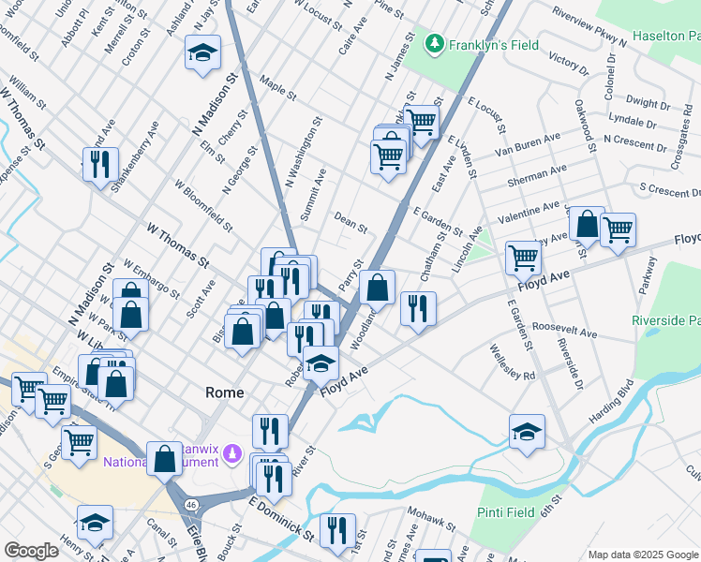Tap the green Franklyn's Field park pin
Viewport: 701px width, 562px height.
click(434, 43)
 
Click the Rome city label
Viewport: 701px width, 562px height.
click(224, 393)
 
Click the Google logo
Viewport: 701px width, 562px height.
click(31, 550)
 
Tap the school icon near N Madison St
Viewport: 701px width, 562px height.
click(201, 55)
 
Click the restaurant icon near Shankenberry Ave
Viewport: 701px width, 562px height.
click(99, 165)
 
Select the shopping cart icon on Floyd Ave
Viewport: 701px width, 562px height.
click(523, 257)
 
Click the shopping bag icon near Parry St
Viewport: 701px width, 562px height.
click(377, 287)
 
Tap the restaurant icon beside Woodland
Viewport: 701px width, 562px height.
click(418, 308)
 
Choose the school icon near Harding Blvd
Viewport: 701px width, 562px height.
click(528, 433)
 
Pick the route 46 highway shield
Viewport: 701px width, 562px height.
click(190, 504)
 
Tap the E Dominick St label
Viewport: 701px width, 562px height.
click(281, 517)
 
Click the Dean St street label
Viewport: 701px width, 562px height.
click(350, 222)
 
